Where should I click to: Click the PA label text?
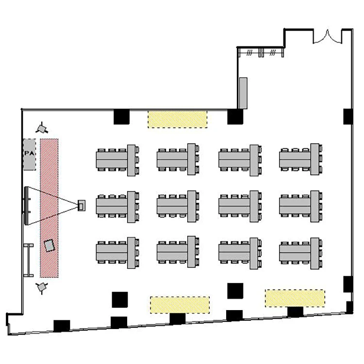coord(29,153)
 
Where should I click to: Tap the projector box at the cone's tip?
coord(81,205)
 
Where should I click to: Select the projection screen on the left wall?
coord(27,206)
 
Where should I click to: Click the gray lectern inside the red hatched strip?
coord(49,246)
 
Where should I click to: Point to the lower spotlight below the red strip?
coord(42,287)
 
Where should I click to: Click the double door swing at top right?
coord(328,37)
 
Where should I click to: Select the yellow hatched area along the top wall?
coord(178,119)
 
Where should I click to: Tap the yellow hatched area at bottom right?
coord(295,298)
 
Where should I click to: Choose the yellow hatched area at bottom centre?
coord(180,305)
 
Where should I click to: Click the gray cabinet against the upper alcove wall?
coord(243,93)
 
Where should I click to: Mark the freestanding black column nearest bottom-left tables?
coord(120,300)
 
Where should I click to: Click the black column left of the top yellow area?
coord(121,117)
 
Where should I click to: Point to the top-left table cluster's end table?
coord(132,161)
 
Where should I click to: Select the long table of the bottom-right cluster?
coord(295,252)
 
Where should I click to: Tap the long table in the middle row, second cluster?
coord(172,206)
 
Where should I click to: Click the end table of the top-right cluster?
coord(314,159)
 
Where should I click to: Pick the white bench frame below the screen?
coord(29,260)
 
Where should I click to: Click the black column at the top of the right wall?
coord(348,116)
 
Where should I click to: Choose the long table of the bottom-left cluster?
coord(112,252)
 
